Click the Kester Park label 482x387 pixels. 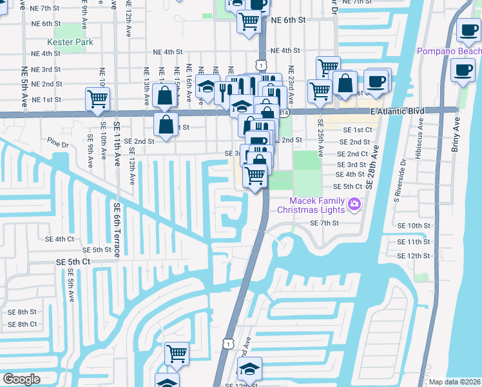coord(74,43)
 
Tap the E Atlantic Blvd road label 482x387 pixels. coord(397,111)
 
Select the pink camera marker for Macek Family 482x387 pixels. coord(354,205)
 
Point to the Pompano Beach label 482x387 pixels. coord(448,51)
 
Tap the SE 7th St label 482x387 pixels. coord(323,223)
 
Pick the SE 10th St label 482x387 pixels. coord(414,226)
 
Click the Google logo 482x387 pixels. coord(21,379)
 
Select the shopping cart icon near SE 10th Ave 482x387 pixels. coord(97,99)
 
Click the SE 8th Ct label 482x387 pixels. coord(23,324)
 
